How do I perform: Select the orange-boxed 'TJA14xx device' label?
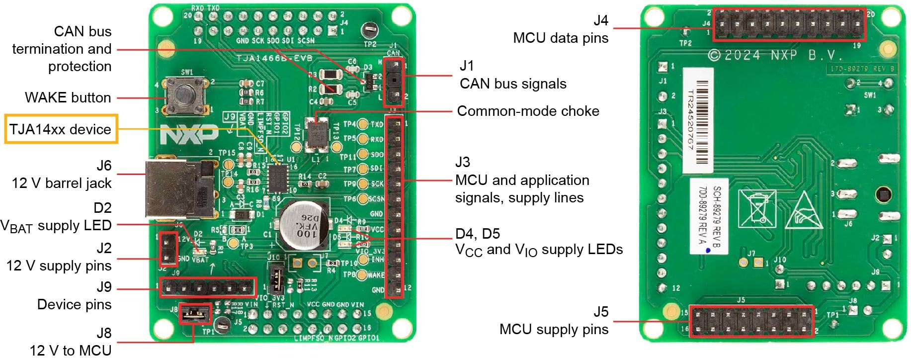coord(61,129)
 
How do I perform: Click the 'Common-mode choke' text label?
coord(528,111)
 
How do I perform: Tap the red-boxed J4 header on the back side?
coord(789,24)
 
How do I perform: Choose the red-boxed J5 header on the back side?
coord(750,321)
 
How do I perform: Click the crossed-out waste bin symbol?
coord(756,208)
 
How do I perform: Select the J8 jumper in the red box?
coord(194,313)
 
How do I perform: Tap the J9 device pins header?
coord(207,287)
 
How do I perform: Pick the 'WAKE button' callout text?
coord(68,97)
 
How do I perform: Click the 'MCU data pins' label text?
coord(560,38)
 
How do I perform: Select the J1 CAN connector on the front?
coord(395,80)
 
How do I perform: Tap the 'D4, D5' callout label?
coord(478,234)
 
